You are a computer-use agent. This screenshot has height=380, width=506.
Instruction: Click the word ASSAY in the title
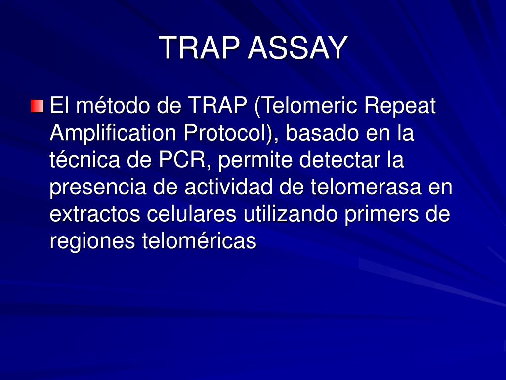[298, 48]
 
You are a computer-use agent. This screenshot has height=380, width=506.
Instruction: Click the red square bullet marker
[37, 106]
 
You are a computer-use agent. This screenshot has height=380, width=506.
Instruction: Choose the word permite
[255, 160]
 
